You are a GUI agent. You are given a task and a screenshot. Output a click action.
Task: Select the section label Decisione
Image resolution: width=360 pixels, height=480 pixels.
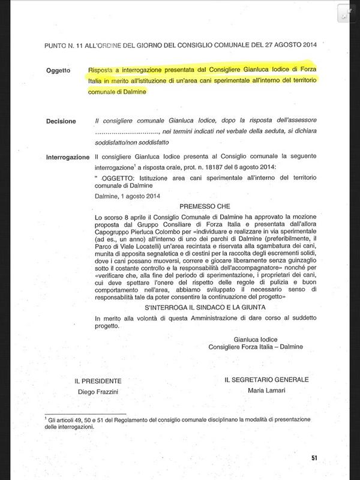(x=61, y=121)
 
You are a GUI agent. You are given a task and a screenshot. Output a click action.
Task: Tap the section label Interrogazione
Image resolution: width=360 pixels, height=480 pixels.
(x=67, y=157)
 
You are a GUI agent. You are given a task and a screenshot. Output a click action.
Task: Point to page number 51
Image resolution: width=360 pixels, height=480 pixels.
(x=314, y=458)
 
